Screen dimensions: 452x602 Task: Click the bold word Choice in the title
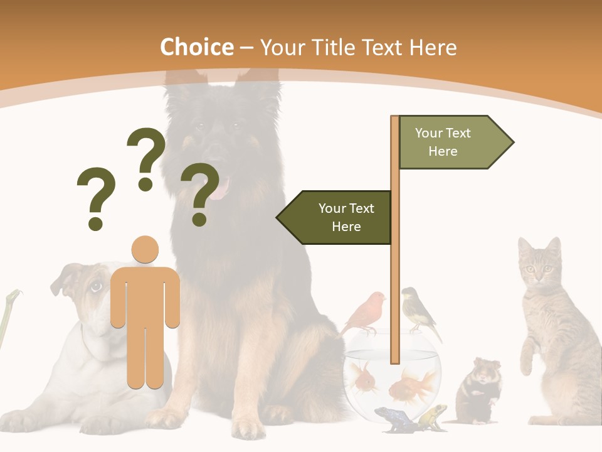click(196, 47)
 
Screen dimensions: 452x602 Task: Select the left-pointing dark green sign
click(335, 217)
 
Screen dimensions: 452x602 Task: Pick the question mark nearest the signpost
click(200, 193)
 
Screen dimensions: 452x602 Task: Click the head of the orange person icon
click(145, 249)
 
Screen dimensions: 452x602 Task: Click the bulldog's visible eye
click(95, 287)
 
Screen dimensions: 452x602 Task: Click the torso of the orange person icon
click(145, 295)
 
